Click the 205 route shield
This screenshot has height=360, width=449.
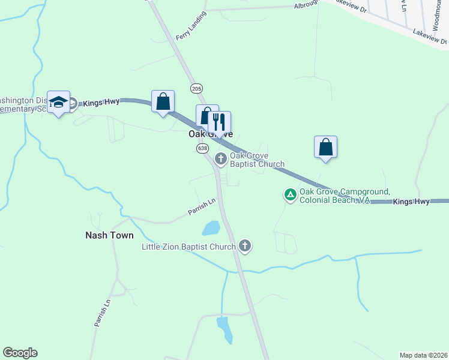(x=196, y=88)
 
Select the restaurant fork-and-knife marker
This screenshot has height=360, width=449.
(x=218, y=122)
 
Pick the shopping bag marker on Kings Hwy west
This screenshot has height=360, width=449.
(x=163, y=101)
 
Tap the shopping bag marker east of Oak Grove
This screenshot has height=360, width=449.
(x=325, y=147)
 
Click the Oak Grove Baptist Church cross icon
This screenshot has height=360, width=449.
(x=221, y=159)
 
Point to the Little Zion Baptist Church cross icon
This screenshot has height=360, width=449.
(x=244, y=245)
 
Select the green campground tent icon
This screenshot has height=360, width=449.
(x=290, y=194)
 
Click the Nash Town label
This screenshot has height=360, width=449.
(x=109, y=235)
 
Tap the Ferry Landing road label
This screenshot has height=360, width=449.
(x=191, y=26)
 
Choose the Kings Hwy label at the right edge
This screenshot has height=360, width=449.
(x=411, y=202)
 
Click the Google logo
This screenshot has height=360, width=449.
(x=20, y=353)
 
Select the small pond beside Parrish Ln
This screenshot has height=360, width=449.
(x=211, y=228)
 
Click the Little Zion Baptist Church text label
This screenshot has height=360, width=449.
(x=188, y=247)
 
